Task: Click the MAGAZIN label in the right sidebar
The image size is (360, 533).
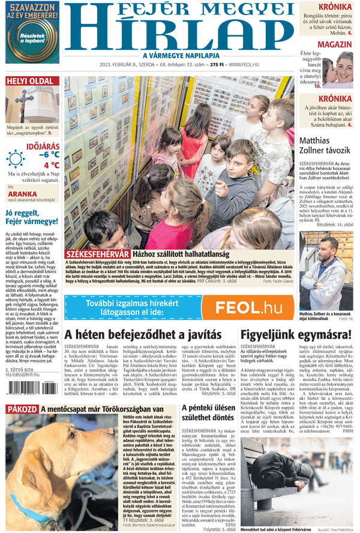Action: point(334,45)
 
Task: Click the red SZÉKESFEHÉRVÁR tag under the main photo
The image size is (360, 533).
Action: point(97,253)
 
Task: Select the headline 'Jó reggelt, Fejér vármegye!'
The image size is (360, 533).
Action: point(32,216)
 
